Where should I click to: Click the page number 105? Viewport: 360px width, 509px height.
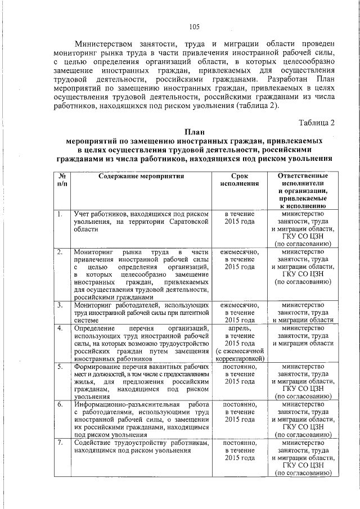(x=194, y=26)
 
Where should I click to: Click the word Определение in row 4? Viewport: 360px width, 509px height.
(x=95, y=327)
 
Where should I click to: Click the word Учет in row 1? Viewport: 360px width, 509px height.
(x=82, y=214)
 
